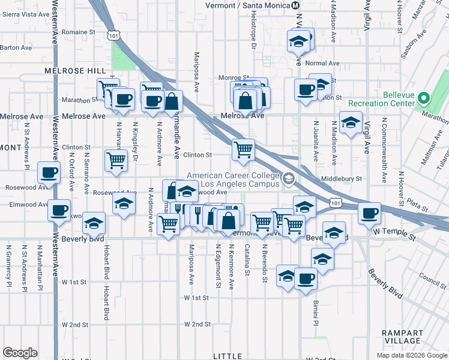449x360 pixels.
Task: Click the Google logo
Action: pos(20,353)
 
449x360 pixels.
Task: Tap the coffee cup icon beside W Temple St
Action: pos(369,212)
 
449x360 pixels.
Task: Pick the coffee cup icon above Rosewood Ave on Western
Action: pos(48,172)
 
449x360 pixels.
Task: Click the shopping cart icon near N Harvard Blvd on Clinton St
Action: pos(116,160)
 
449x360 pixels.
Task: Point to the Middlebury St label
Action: pos(342,178)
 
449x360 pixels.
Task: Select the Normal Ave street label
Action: pos(322,64)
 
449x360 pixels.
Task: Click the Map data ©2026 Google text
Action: pos(411,355)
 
